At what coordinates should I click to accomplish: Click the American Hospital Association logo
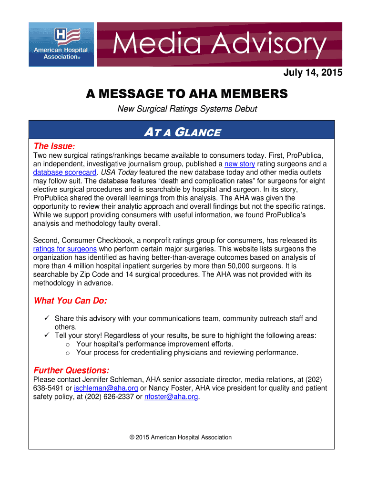point(61,44)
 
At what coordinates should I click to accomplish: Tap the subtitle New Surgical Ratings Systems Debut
point(187,109)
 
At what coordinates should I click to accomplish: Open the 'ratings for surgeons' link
point(65,249)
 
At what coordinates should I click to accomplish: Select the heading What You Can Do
point(70,301)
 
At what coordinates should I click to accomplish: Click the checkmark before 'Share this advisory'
point(47,318)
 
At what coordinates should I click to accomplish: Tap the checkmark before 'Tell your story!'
point(47,335)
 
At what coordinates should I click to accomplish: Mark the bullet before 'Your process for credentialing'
point(68,353)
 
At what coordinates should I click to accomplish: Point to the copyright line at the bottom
point(181,437)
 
